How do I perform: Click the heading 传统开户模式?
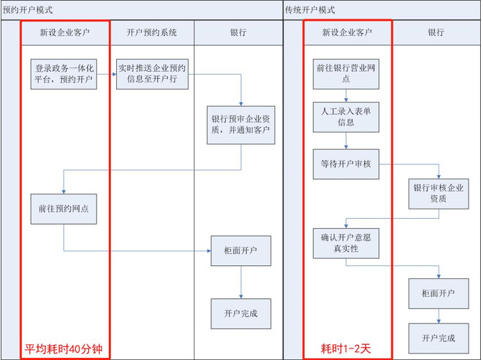pos(310,10)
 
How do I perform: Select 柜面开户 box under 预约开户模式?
pos(241,251)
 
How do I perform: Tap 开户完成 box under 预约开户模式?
pos(241,313)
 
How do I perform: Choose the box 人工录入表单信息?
pos(347,117)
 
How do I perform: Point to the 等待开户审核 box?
pos(347,164)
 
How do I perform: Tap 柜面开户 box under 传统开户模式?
pos(439,293)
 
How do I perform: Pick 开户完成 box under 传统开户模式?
pos(439,338)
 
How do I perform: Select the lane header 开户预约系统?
pos(151,32)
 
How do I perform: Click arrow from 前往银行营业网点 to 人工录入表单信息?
pos(347,95)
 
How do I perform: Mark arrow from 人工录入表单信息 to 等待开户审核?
pos(347,141)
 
